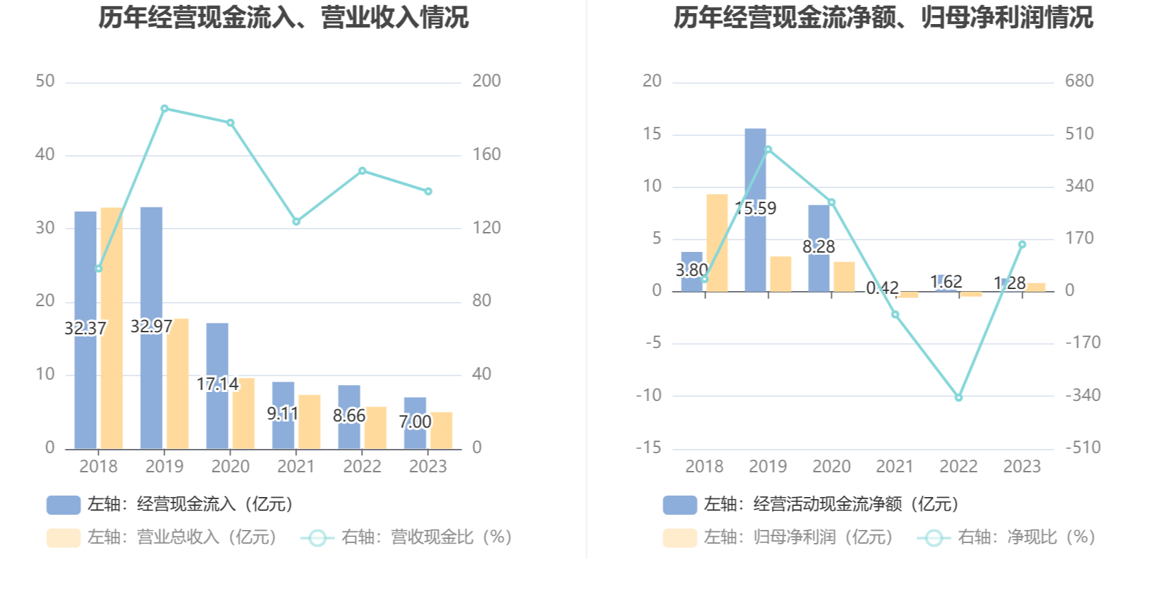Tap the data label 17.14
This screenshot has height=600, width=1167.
217,384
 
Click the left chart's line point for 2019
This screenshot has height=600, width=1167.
165,108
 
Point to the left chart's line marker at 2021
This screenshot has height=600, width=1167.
297,222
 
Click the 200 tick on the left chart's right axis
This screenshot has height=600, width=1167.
486,81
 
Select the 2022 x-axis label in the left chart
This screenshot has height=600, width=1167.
362,467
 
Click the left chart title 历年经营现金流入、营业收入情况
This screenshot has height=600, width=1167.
283,18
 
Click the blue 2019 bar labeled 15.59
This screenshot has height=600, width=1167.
755,172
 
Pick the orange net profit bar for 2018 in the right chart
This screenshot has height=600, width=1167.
717,243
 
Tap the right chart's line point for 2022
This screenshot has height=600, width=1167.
958,397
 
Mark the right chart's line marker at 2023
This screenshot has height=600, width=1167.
1022,244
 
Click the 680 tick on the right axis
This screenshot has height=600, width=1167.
1078,81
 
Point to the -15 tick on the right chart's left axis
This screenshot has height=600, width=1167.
649,448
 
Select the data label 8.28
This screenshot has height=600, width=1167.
818,246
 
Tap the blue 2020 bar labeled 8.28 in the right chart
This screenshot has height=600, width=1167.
818,271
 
